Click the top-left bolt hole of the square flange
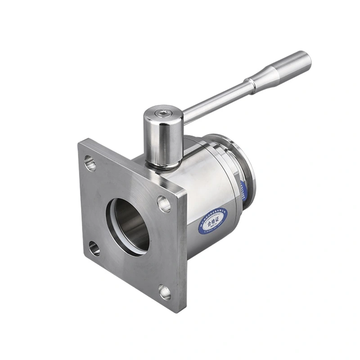coord(90,163)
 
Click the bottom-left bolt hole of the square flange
coord(94,248)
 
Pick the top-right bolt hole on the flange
coord(164,204)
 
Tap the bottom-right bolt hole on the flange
coord(165,292)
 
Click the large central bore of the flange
coord(130,225)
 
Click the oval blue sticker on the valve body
coord(213,220)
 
